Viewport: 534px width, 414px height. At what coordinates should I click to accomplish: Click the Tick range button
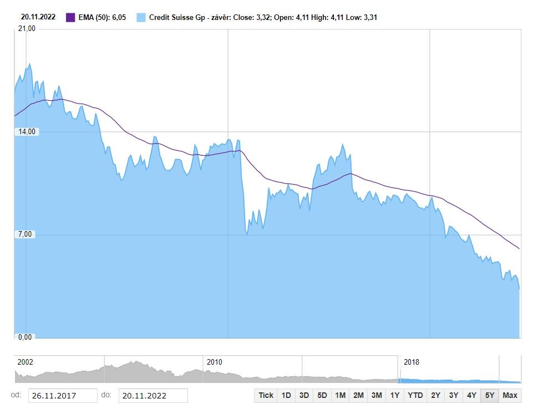tap(266, 395)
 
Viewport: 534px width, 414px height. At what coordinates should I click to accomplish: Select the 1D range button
tap(286, 395)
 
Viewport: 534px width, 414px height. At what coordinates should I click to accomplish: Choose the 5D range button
tap(322, 395)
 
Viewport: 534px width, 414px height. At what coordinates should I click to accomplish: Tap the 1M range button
tap(340, 395)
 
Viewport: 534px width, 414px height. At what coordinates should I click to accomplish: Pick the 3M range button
tap(377, 395)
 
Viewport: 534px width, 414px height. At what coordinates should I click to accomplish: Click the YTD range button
tap(415, 395)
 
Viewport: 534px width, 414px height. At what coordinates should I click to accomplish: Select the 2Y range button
tap(436, 395)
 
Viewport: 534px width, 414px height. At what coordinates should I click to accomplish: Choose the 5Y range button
tap(490, 395)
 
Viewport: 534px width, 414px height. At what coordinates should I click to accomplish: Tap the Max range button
tap(510, 395)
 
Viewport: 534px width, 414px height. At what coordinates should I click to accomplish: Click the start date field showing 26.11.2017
tap(61, 396)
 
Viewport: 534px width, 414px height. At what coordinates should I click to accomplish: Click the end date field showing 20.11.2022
tap(152, 396)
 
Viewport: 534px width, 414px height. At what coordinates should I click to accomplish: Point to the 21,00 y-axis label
tap(27, 29)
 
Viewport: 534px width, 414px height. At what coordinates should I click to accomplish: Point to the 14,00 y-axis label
tap(27, 132)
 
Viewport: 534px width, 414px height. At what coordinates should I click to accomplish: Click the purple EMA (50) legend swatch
tap(70, 17)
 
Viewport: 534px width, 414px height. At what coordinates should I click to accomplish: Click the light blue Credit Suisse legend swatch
tap(141, 17)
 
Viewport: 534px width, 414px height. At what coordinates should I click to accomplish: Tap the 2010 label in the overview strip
tap(214, 362)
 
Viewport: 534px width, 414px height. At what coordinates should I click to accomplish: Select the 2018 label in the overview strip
tap(411, 362)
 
